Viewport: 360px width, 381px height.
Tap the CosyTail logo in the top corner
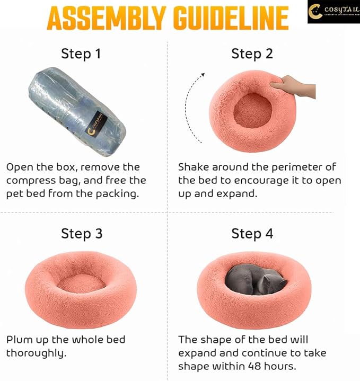pos(333,12)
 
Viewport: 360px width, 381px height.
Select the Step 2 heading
pos(252,54)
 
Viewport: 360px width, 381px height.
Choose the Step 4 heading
pos(252,234)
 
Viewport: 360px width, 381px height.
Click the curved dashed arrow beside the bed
pos(194,109)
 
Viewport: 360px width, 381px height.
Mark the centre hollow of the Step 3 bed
pos(81,283)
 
